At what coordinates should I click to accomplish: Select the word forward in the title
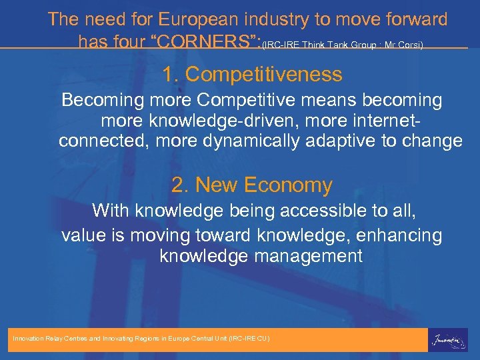pos(411,19)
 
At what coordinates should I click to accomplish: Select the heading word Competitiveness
pos(264,74)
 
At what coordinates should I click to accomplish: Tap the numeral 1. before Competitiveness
pos(170,74)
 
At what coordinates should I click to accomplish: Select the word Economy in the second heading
pos(288,185)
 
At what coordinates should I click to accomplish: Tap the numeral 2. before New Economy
pos(180,185)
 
